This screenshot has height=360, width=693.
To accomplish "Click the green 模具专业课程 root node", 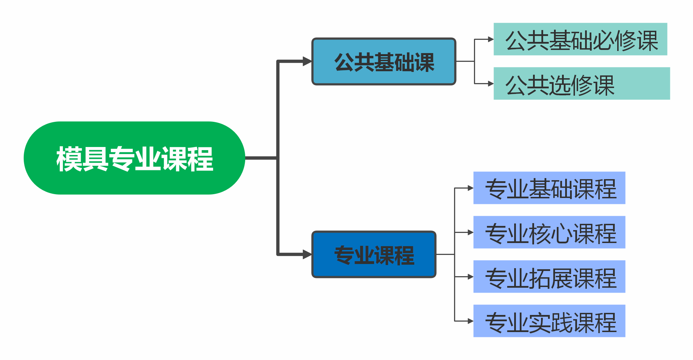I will [x=134, y=158].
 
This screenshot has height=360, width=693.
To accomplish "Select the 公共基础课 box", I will [x=384, y=61].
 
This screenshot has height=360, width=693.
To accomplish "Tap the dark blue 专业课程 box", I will [x=374, y=255].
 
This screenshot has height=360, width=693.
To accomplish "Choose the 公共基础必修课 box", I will [x=580, y=39].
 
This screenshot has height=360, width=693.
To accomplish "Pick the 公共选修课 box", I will [x=582, y=83].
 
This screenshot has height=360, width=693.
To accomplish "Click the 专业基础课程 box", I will [x=549, y=188].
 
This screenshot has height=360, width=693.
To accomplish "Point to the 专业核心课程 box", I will [x=549, y=232].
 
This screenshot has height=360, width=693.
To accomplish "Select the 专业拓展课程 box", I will [x=549, y=277].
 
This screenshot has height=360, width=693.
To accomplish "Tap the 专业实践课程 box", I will [x=549, y=321].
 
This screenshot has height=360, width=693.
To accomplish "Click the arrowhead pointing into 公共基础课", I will [x=307, y=61].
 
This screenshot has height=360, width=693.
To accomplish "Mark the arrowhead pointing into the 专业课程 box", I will [x=307, y=255].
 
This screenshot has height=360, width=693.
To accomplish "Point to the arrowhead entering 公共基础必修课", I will [x=490, y=39].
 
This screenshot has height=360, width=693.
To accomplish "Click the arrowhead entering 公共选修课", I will [x=490, y=84].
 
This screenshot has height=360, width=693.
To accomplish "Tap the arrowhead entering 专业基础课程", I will [x=470, y=188].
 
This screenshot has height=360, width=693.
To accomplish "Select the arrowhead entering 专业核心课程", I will [x=470, y=232].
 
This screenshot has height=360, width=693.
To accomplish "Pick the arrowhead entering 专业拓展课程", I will [x=470, y=277].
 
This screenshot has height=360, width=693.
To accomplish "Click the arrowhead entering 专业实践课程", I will [x=470, y=321].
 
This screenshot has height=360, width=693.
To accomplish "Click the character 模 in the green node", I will [x=69, y=159].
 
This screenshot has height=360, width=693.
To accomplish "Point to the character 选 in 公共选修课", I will [x=560, y=86].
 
